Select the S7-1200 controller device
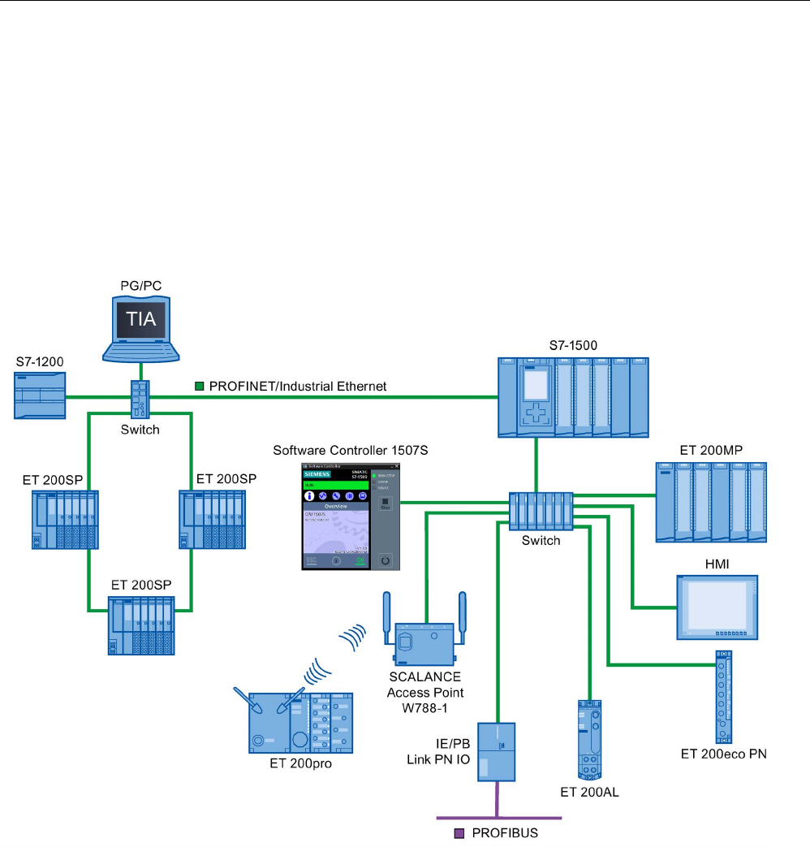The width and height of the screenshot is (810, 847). coord(40,395)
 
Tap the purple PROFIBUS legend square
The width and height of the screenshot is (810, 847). coord(459,833)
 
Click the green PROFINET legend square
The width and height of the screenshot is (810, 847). coord(198,387)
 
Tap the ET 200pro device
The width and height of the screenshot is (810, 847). coord(300,722)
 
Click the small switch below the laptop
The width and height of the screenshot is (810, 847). coord(134,400)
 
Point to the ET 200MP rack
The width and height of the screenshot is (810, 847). coord(710,502)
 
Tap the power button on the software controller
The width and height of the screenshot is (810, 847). coord(386,560)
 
